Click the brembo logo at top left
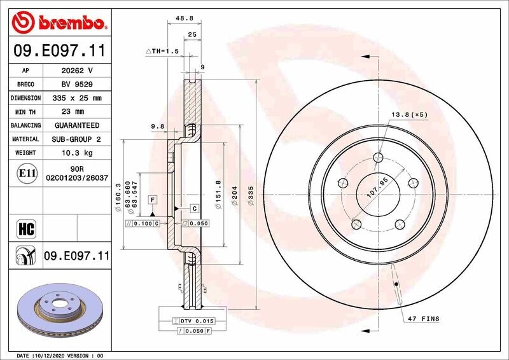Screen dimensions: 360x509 coord(59,24)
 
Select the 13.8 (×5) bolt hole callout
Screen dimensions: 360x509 coord(409,114)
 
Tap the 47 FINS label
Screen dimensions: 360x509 coord(424,318)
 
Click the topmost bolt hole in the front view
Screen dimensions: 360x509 coord(379,158)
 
